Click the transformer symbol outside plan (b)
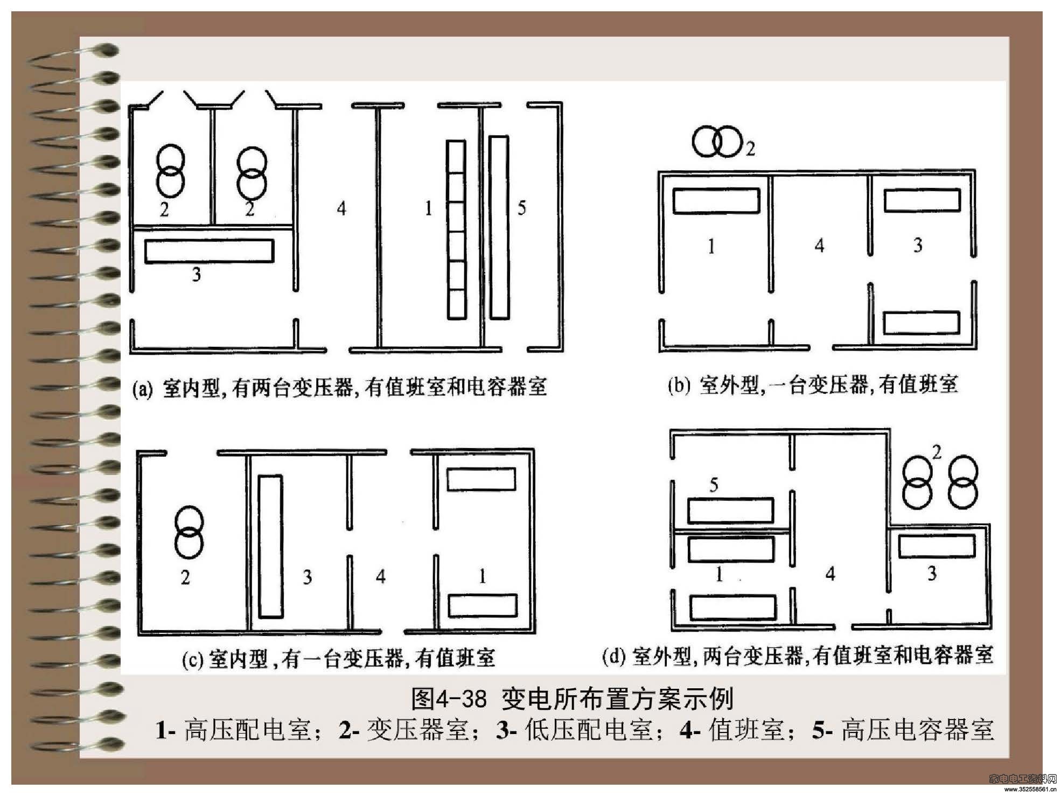click(717, 142)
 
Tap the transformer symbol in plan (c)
click(189, 532)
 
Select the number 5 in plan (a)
click(521, 208)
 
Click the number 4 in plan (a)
click(341, 208)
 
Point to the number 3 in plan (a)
click(197, 275)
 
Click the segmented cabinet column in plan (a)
click(456, 230)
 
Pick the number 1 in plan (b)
click(711, 246)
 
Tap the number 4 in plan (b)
click(819, 246)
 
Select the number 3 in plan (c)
click(307, 577)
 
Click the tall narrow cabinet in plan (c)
click(270, 546)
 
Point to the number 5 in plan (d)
click(714, 485)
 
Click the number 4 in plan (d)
click(830, 574)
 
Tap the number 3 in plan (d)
click(932, 574)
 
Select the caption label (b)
click(679, 386)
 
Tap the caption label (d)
click(614, 656)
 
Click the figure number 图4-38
click(449, 699)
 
